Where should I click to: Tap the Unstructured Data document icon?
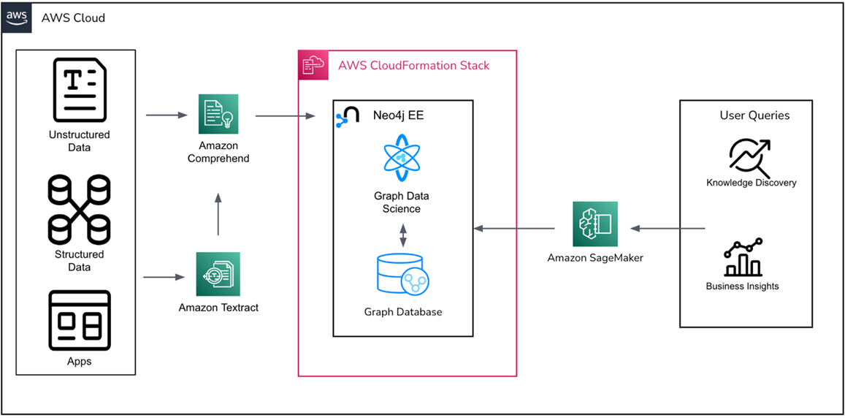(x=79, y=91)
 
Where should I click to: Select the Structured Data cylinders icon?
(x=79, y=210)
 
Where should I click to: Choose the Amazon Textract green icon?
(x=218, y=274)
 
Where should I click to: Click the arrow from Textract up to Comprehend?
(x=218, y=214)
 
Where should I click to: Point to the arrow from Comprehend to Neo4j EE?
(x=285, y=115)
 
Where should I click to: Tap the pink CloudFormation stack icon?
(x=314, y=65)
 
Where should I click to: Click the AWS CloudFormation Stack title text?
(x=413, y=66)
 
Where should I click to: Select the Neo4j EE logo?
(x=348, y=117)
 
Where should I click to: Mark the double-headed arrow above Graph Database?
(x=402, y=235)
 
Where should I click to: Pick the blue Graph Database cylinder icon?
(x=401, y=275)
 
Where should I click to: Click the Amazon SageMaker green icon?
(x=595, y=224)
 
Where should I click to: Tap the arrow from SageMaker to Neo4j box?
(x=514, y=229)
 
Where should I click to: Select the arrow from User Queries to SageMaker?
(x=668, y=229)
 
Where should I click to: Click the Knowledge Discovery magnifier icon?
(x=750, y=156)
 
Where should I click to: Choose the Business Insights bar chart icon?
(x=742, y=258)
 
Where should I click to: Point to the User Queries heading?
(x=754, y=115)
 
